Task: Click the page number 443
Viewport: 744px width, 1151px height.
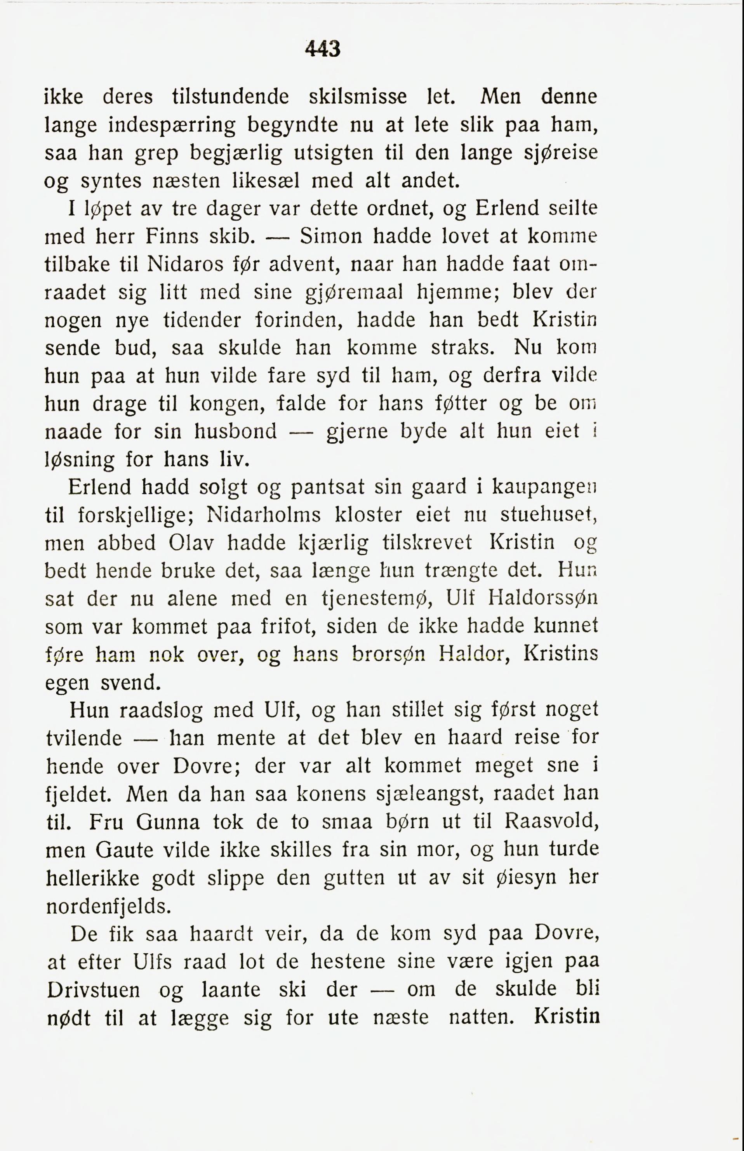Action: click(323, 49)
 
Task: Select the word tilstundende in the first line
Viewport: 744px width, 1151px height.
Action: click(230, 97)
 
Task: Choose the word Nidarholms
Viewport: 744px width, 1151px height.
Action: click(263, 515)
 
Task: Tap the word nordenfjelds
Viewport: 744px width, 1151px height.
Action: click(109, 907)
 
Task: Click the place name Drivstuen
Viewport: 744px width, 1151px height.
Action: click(94, 990)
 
